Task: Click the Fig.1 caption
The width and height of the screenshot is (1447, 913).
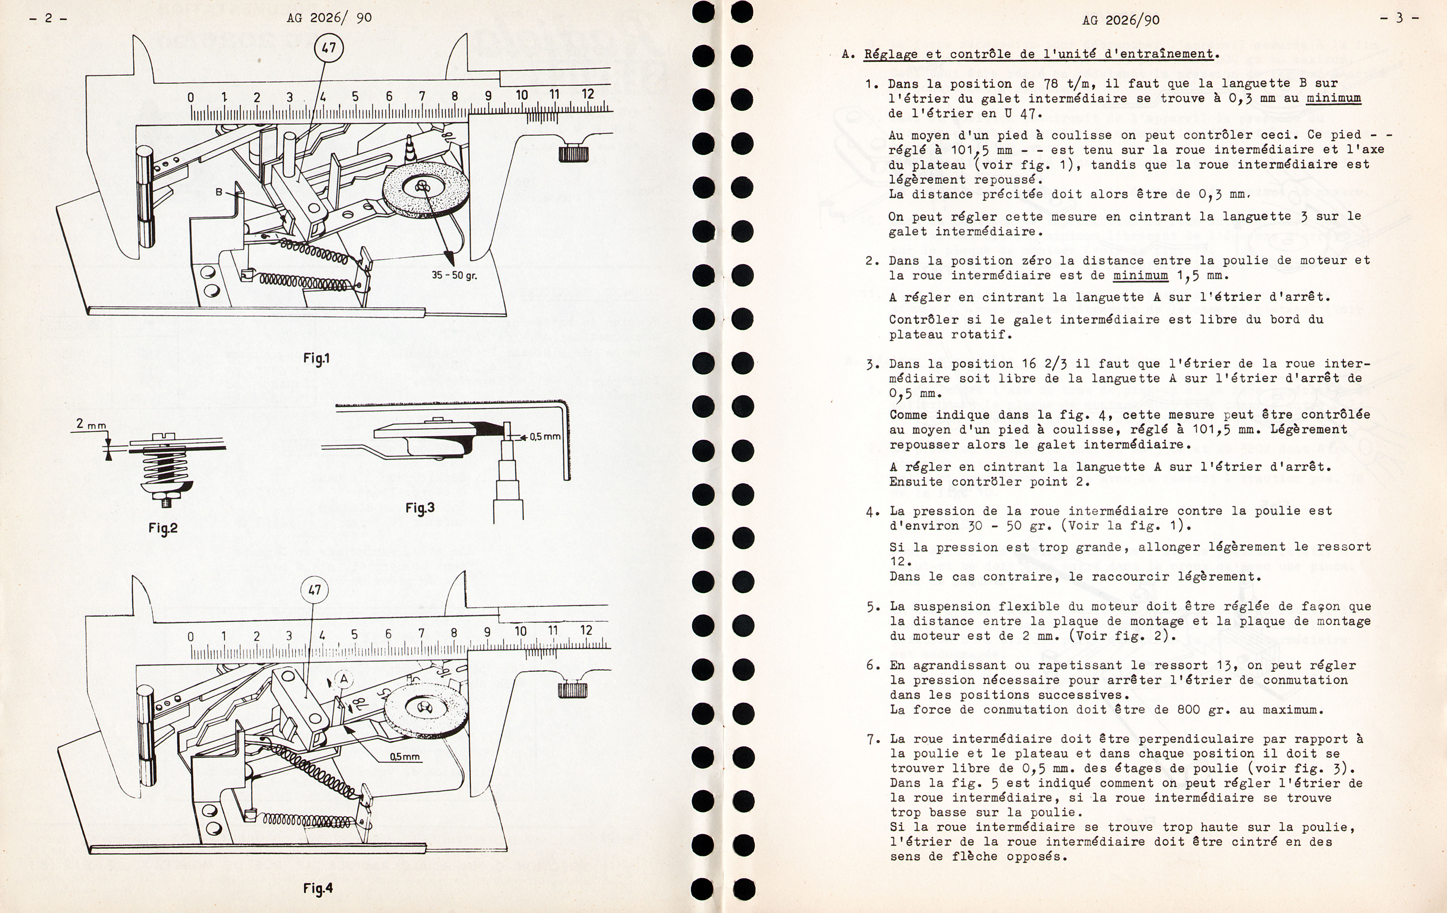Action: pyautogui.click(x=316, y=359)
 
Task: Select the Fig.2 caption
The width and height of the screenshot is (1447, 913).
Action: pyautogui.click(x=163, y=528)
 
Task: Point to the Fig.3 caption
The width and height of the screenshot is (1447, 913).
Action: pyautogui.click(x=419, y=508)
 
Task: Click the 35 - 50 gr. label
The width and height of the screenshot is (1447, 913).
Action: pyautogui.click(x=454, y=275)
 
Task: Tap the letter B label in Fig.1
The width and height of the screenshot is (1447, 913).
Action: pyautogui.click(x=219, y=192)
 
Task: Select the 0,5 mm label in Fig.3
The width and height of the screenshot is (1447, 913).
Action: pyautogui.click(x=544, y=437)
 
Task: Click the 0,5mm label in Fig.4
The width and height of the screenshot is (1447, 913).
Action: pyautogui.click(x=405, y=757)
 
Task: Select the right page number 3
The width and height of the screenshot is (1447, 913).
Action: pyautogui.click(x=1399, y=18)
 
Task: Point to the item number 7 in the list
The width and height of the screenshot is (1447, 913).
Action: pyautogui.click(x=872, y=739)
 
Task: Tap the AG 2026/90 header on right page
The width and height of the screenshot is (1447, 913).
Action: pyautogui.click(x=1120, y=20)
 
